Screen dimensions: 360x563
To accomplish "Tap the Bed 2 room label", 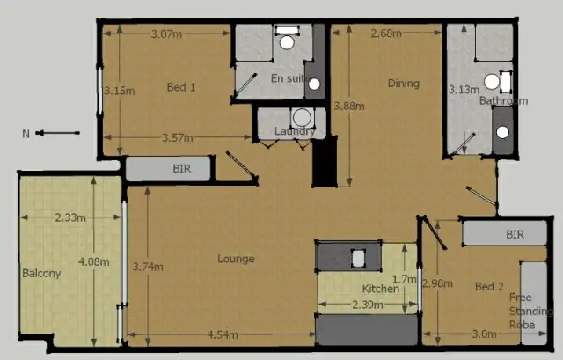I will coord(489,287).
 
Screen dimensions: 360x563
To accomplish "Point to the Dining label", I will coord(403,84).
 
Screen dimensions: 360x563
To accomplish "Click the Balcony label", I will coord(40,273).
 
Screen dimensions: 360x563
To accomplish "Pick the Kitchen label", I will coord(380,290).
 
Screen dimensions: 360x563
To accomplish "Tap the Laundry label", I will coord(294,133).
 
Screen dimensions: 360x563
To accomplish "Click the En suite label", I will coord(288,78).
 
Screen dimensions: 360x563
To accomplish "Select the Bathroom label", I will coord(503,101).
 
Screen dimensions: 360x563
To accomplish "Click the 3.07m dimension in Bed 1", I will coord(166,34).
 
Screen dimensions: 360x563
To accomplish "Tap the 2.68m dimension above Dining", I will coord(386,34).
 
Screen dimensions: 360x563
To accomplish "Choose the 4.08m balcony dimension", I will coord(92,261).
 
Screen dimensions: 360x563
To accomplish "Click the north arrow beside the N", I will coord(59,134).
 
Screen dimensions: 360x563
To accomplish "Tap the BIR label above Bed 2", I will coord(515,235).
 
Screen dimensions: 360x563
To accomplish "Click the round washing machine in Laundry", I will coord(303,118).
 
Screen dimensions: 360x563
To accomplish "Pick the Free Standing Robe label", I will coord(531,311).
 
